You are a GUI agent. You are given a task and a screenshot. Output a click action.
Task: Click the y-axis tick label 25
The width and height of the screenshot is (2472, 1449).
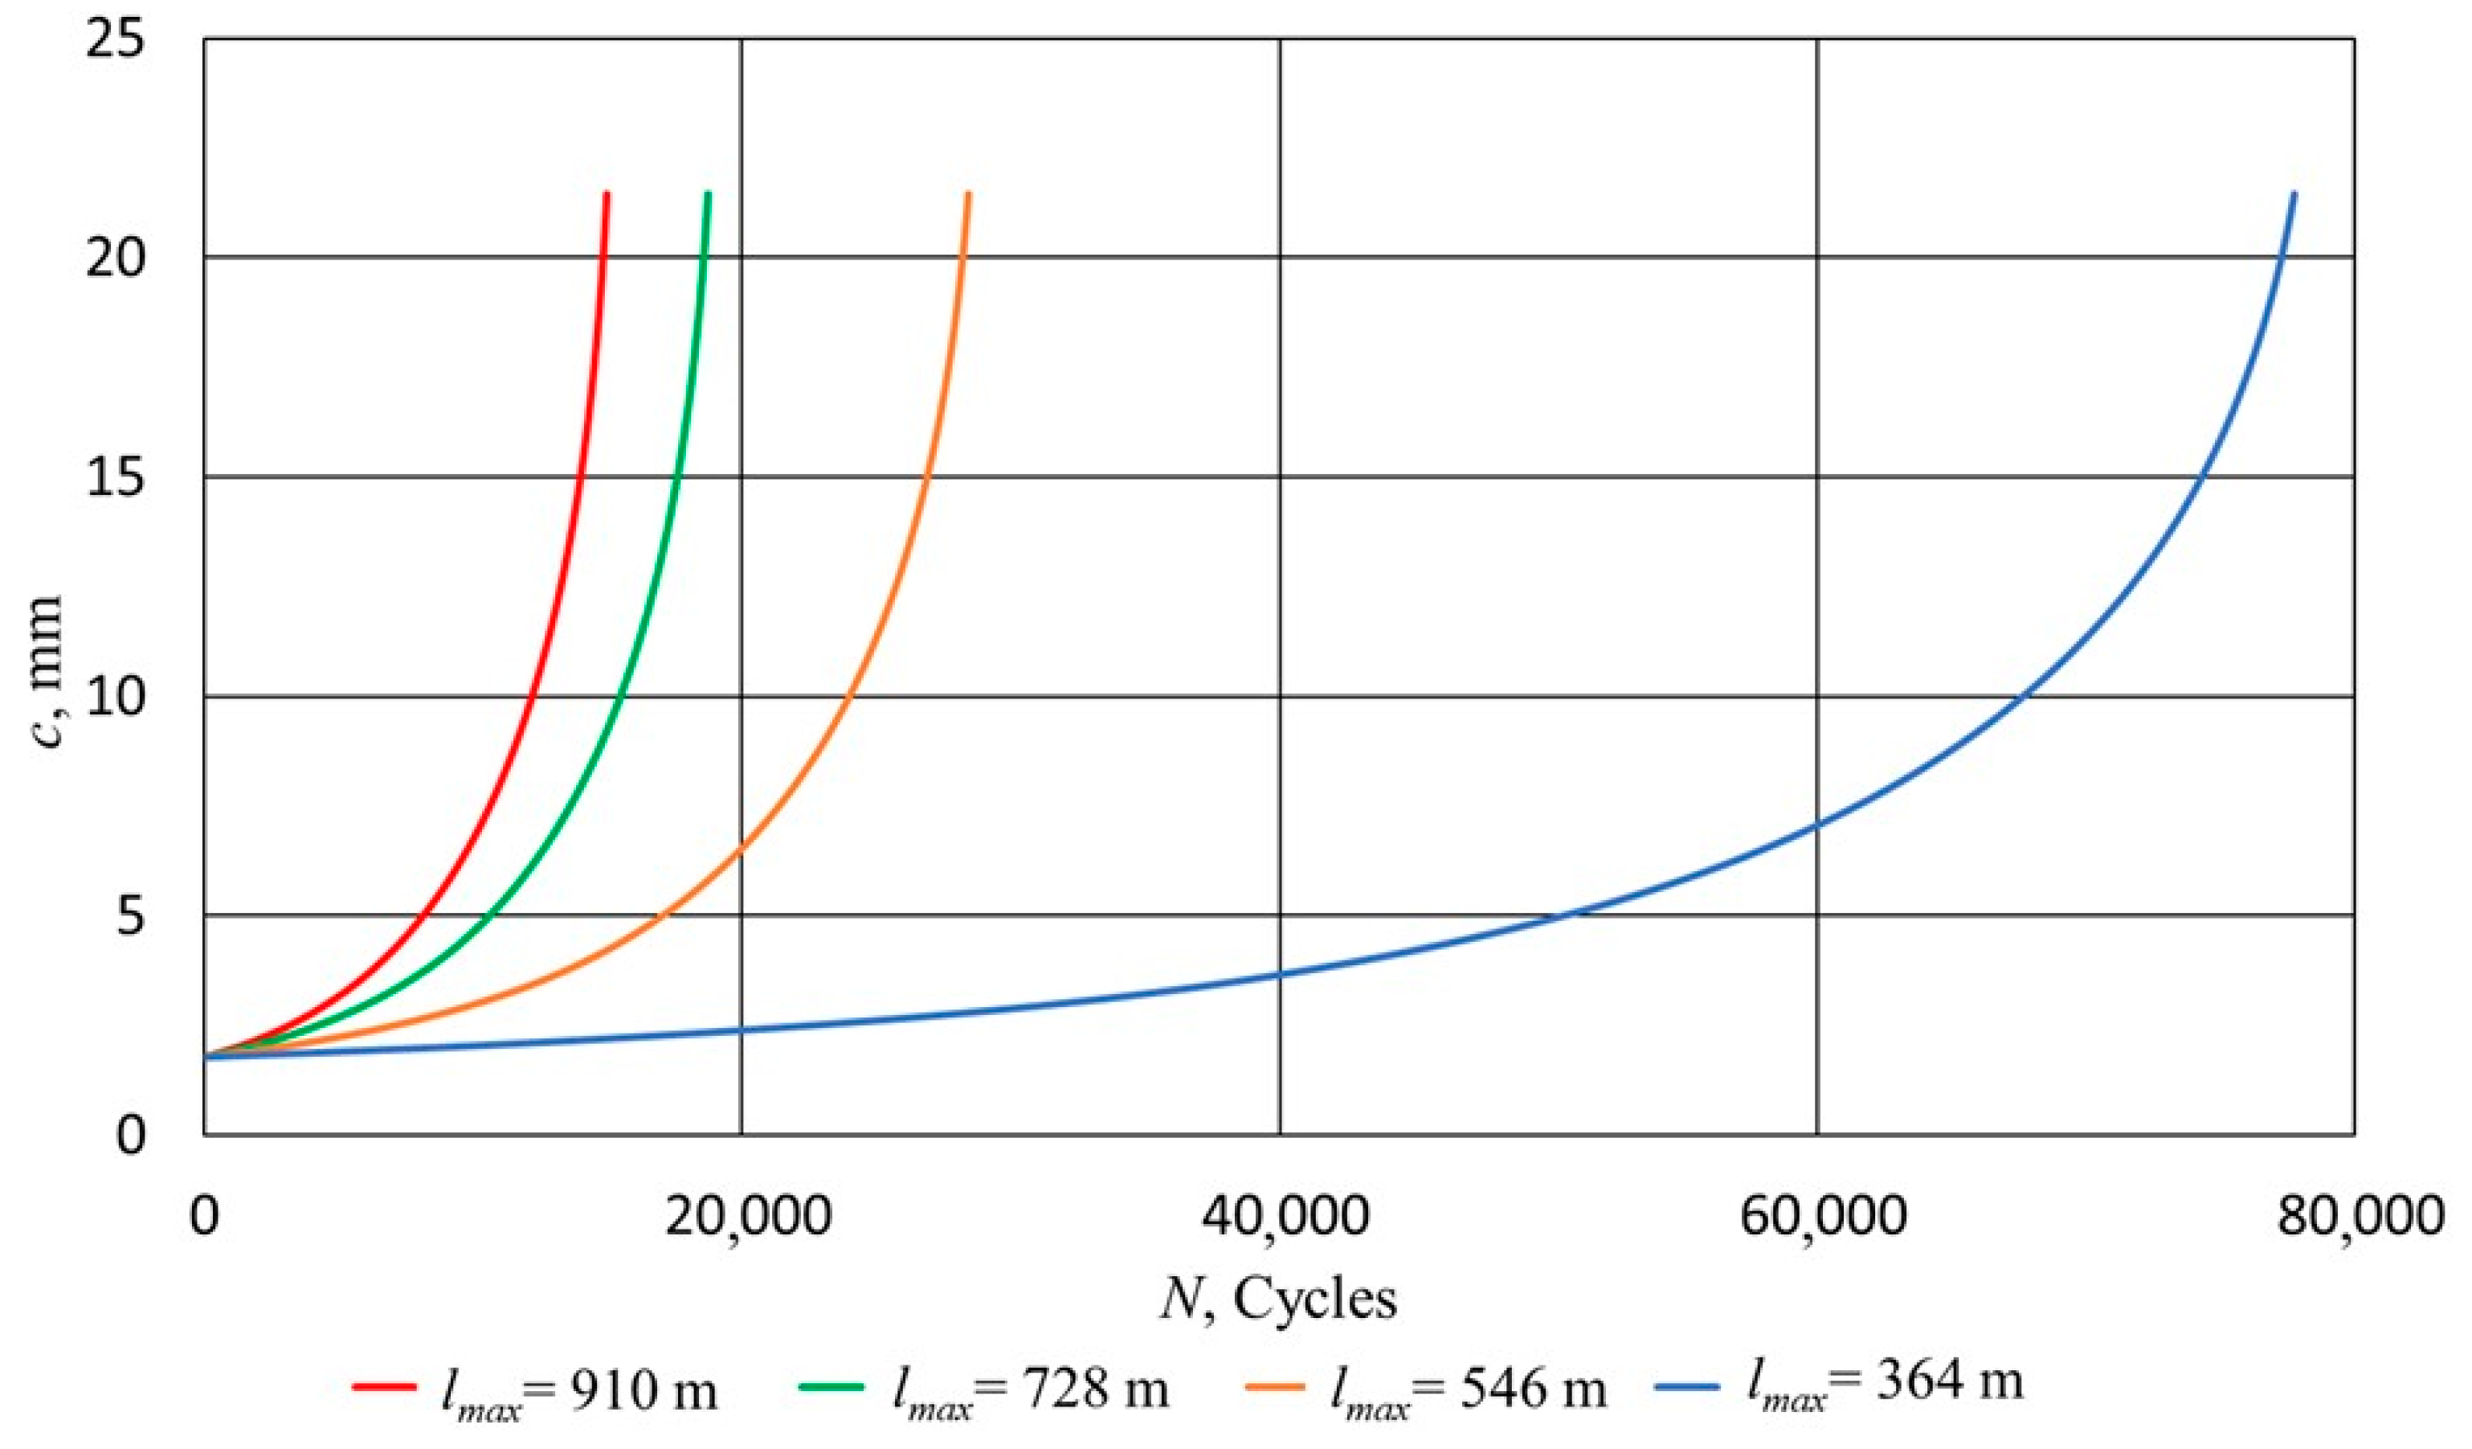(115, 41)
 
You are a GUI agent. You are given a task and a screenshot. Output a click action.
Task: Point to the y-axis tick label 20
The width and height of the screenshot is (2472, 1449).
(115, 259)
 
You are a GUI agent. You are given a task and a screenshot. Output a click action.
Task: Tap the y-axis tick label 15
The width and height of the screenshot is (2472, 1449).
(115, 479)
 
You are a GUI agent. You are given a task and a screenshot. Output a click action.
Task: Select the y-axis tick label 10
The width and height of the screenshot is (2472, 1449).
(115, 698)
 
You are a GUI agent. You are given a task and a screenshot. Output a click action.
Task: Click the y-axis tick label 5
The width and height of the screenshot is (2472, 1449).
(128, 916)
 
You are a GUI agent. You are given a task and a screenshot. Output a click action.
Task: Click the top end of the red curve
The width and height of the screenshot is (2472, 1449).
(607, 193)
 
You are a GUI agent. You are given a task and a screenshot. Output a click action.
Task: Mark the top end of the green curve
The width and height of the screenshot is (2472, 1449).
(709, 193)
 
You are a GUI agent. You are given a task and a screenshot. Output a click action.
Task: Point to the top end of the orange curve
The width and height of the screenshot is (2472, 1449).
(968, 193)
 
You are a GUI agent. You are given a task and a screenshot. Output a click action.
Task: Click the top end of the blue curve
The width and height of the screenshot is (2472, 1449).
(2294, 193)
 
